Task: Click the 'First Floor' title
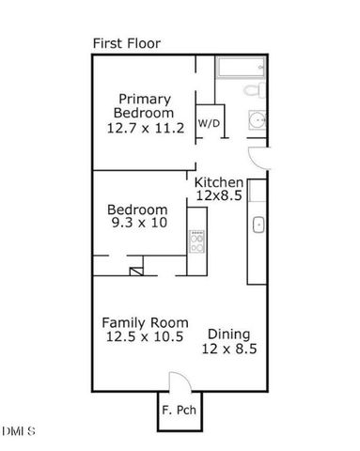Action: tap(126, 43)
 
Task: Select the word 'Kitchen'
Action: tap(220, 182)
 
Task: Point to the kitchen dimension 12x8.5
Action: tap(218, 195)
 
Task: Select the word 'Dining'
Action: tap(228, 333)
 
